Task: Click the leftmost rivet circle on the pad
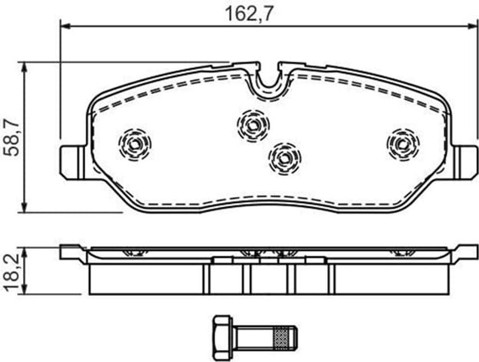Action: pyautogui.click(x=135, y=144)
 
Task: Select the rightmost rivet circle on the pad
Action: pyautogui.click(x=403, y=144)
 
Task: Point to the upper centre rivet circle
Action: pyautogui.click(x=253, y=125)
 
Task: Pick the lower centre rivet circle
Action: pyautogui.click(x=284, y=158)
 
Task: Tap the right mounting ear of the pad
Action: pyautogui.click(x=465, y=162)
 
